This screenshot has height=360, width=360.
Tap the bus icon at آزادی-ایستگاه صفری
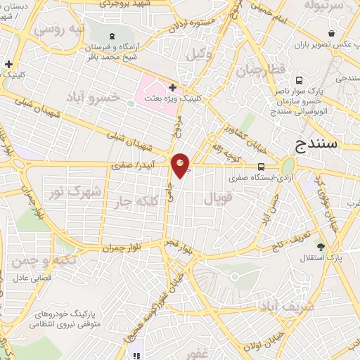[261, 167]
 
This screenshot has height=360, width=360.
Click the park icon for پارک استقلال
[321, 247]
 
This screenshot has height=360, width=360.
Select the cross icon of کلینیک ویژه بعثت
[172, 87]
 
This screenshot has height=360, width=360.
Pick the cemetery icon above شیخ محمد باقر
[112, 35]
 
